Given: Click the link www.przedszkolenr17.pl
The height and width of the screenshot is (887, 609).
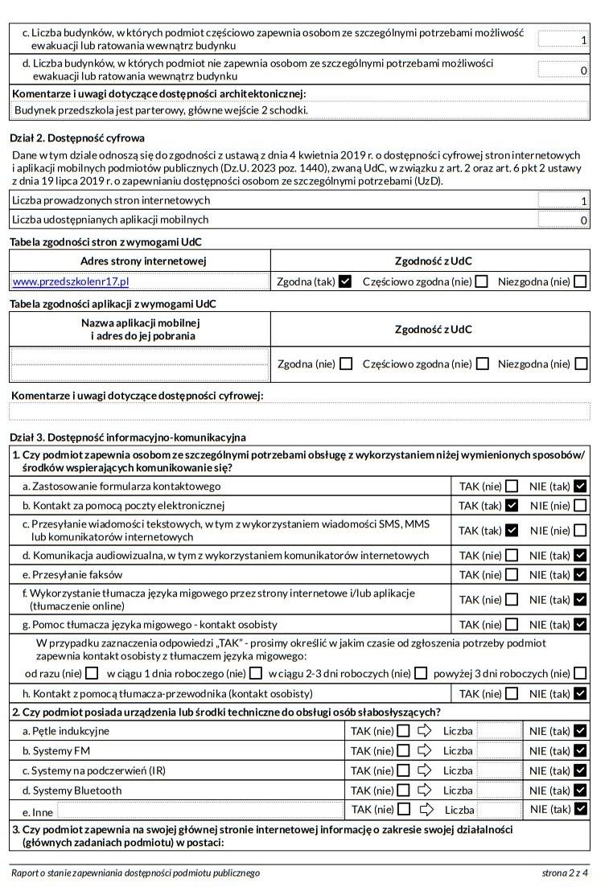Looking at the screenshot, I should (71, 281).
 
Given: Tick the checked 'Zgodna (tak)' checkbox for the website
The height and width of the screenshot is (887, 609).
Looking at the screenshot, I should (346, 281).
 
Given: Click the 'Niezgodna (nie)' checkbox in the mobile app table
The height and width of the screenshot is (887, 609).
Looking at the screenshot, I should (581, 363).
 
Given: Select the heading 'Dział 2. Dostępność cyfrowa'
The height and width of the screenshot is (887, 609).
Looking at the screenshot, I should (77, 138).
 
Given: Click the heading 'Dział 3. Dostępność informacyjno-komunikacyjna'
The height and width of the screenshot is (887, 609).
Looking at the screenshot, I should (128, 437).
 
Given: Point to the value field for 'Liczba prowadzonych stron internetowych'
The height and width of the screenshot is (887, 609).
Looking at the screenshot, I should (563, 200).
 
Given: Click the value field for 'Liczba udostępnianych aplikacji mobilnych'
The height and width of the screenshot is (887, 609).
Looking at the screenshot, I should (563, 220).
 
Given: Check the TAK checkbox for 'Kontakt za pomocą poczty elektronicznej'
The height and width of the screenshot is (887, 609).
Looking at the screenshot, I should (512, 506).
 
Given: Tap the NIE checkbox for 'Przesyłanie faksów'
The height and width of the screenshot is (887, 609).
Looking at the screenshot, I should (581, 575).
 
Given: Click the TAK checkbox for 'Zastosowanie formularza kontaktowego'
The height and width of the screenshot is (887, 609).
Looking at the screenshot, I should (512, 486).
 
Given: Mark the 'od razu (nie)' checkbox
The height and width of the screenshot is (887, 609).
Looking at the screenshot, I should (92, 673).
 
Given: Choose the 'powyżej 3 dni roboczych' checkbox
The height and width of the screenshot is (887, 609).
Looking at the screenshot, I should (581, 673).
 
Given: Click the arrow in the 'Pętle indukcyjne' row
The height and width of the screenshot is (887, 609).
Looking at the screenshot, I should (425, 731).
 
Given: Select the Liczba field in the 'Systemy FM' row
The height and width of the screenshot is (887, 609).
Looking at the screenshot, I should (499, 750).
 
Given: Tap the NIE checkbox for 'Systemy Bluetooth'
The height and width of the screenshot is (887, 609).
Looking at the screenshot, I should (581, 790).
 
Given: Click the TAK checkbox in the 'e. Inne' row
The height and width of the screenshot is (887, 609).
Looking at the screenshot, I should (404, 809).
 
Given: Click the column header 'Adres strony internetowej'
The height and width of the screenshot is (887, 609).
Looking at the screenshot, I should (143, 261).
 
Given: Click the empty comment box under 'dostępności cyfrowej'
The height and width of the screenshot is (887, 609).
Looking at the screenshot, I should (299, 412).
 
